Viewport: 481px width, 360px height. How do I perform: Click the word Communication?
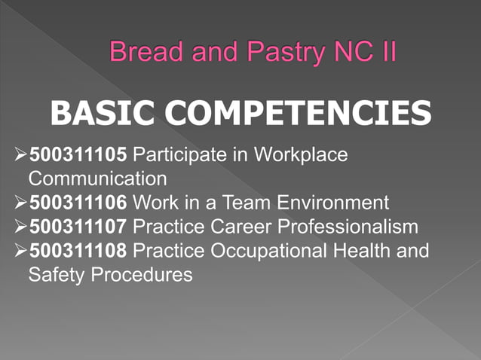point(97,179)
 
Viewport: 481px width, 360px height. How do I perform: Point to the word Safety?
point(56,274)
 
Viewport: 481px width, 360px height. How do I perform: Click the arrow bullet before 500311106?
point(20,203)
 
